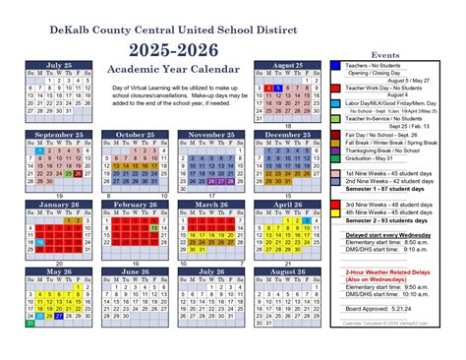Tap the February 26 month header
[x=134, y=204]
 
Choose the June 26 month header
[x=134, y=271]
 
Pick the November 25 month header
[x=209, y=134]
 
